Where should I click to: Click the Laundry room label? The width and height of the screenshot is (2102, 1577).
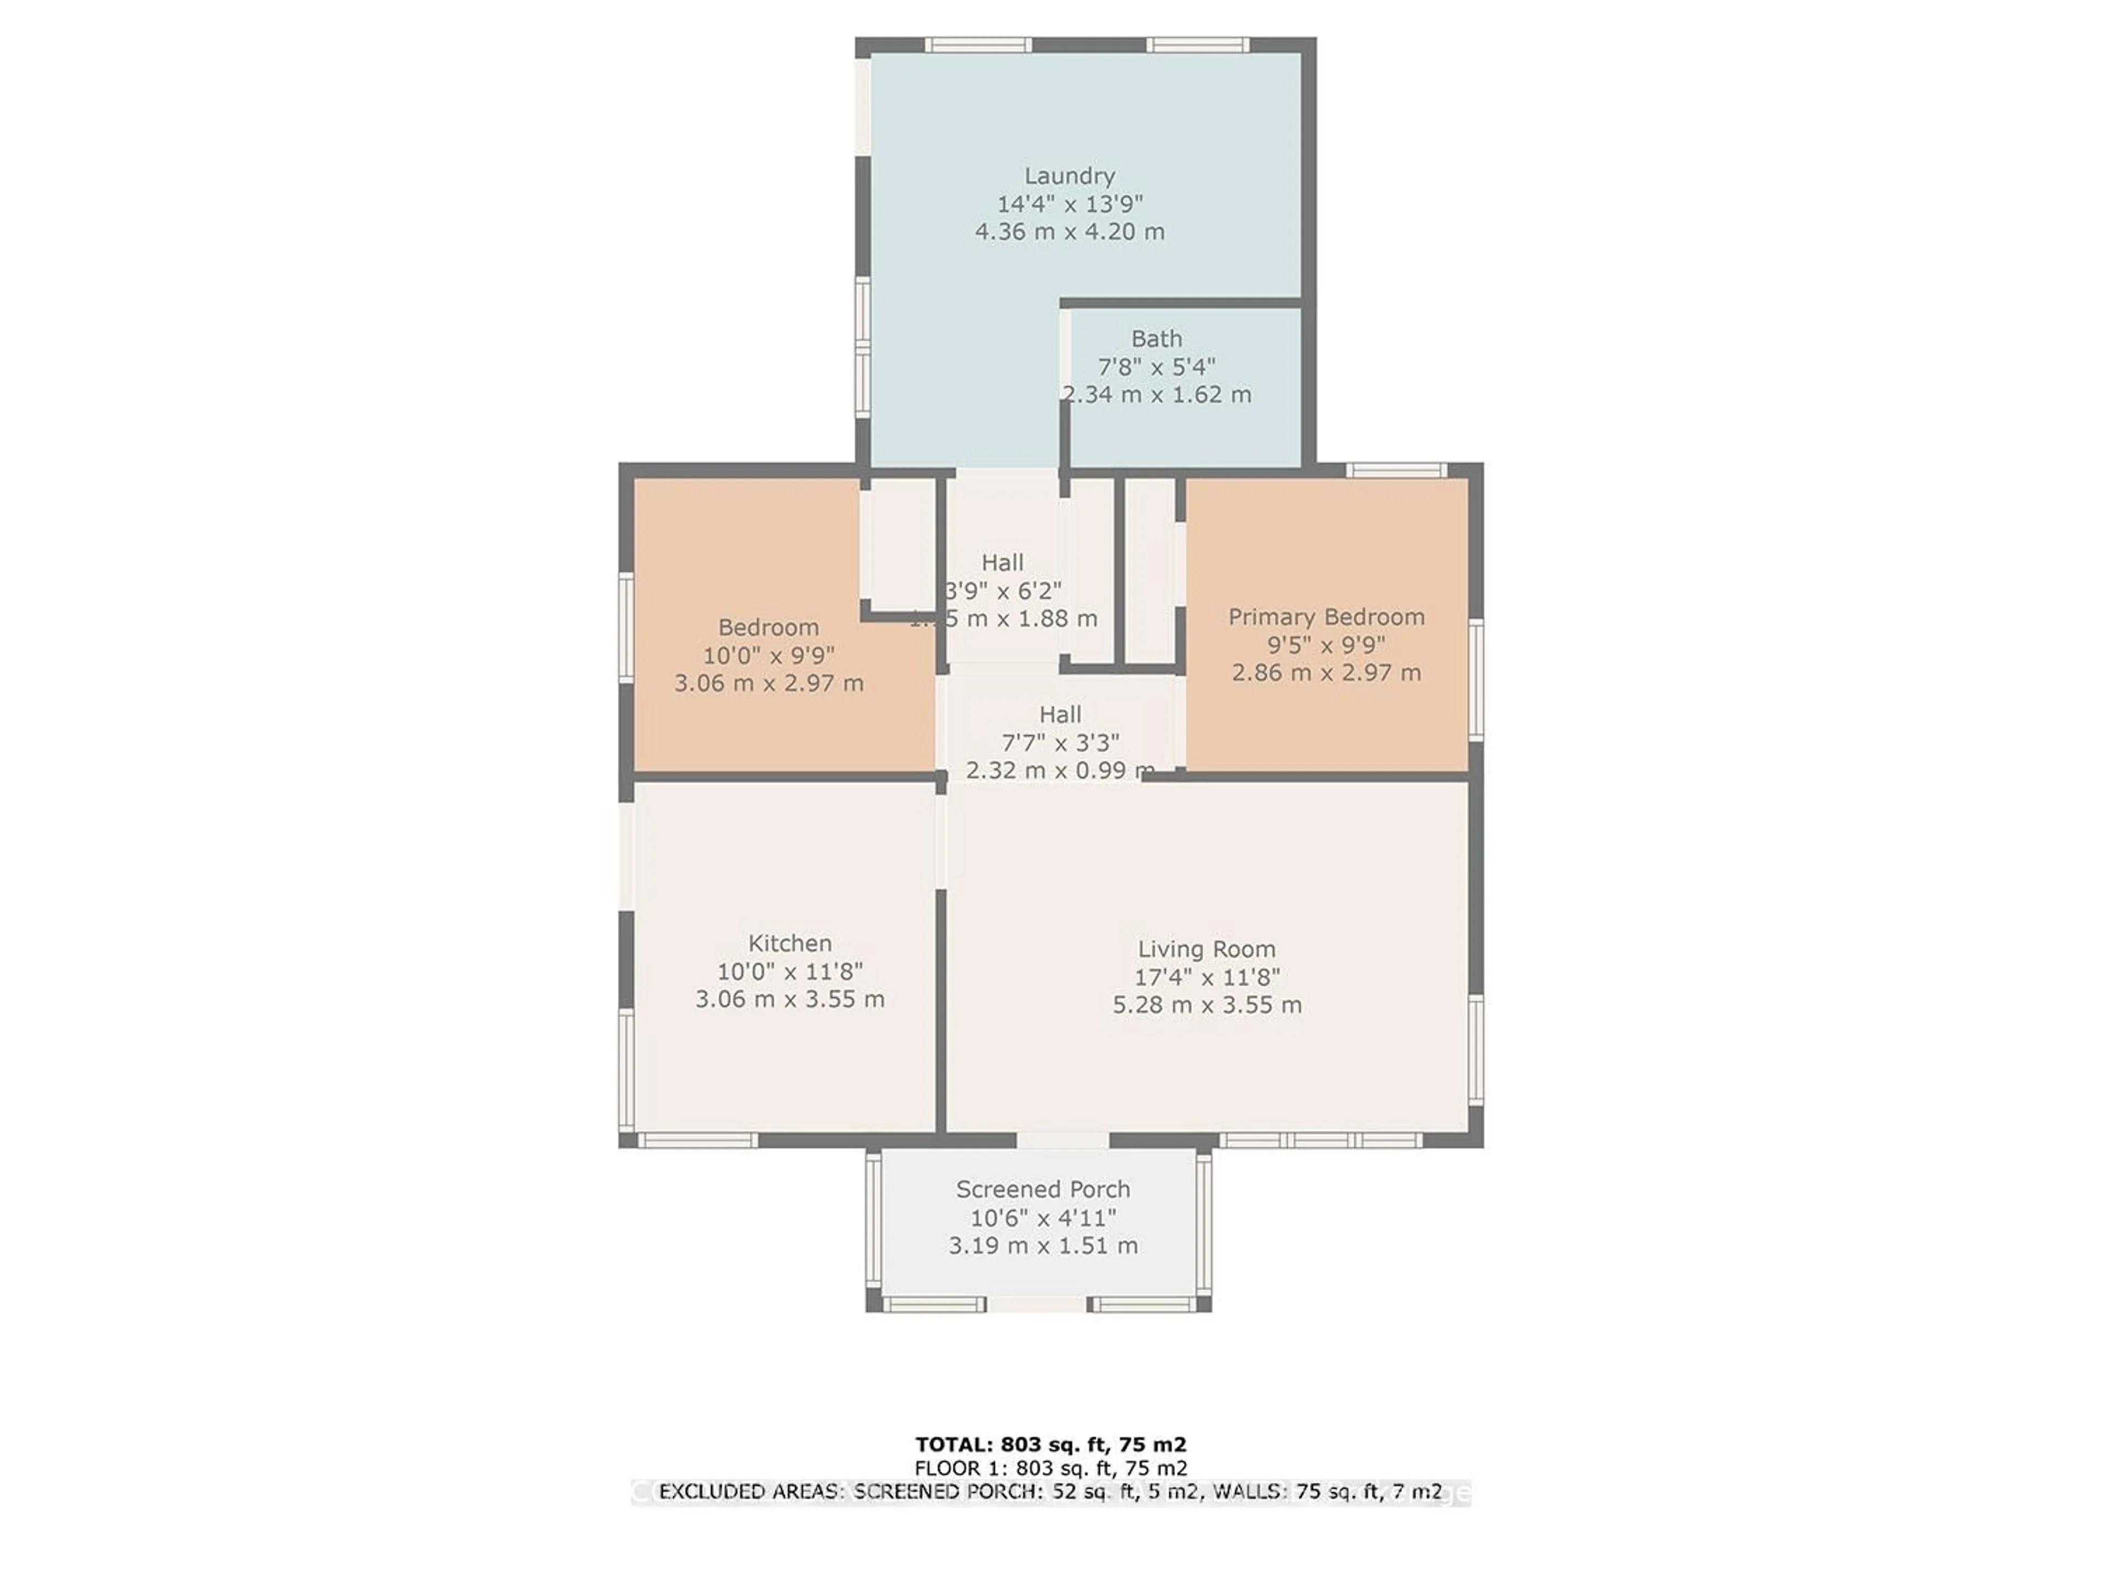coord(1069,176)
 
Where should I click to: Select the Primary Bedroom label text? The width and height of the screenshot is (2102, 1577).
coord(1326,617)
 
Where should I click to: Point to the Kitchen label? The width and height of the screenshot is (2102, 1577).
coord(790,943)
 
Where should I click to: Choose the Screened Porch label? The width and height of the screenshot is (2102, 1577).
coord(1042,1189)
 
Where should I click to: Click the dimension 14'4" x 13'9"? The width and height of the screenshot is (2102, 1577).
coord(1069,204)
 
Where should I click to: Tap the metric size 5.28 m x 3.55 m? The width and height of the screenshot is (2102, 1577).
coord(1207,1005)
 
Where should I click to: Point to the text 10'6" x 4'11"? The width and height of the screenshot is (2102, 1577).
coord(1042,1218)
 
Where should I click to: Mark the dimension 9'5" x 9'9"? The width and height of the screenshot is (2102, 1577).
coord(1326,644)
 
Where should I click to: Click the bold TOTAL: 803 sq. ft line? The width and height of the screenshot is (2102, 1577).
coord(1050,1445)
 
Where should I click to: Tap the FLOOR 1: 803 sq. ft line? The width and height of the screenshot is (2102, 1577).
coord(1050,1469)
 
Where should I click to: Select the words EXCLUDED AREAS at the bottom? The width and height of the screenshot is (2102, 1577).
coord(750,1492)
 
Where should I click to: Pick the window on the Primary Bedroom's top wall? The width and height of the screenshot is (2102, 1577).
coord(1396,470)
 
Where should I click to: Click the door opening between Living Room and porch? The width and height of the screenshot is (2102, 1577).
coord(1062,1139)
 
